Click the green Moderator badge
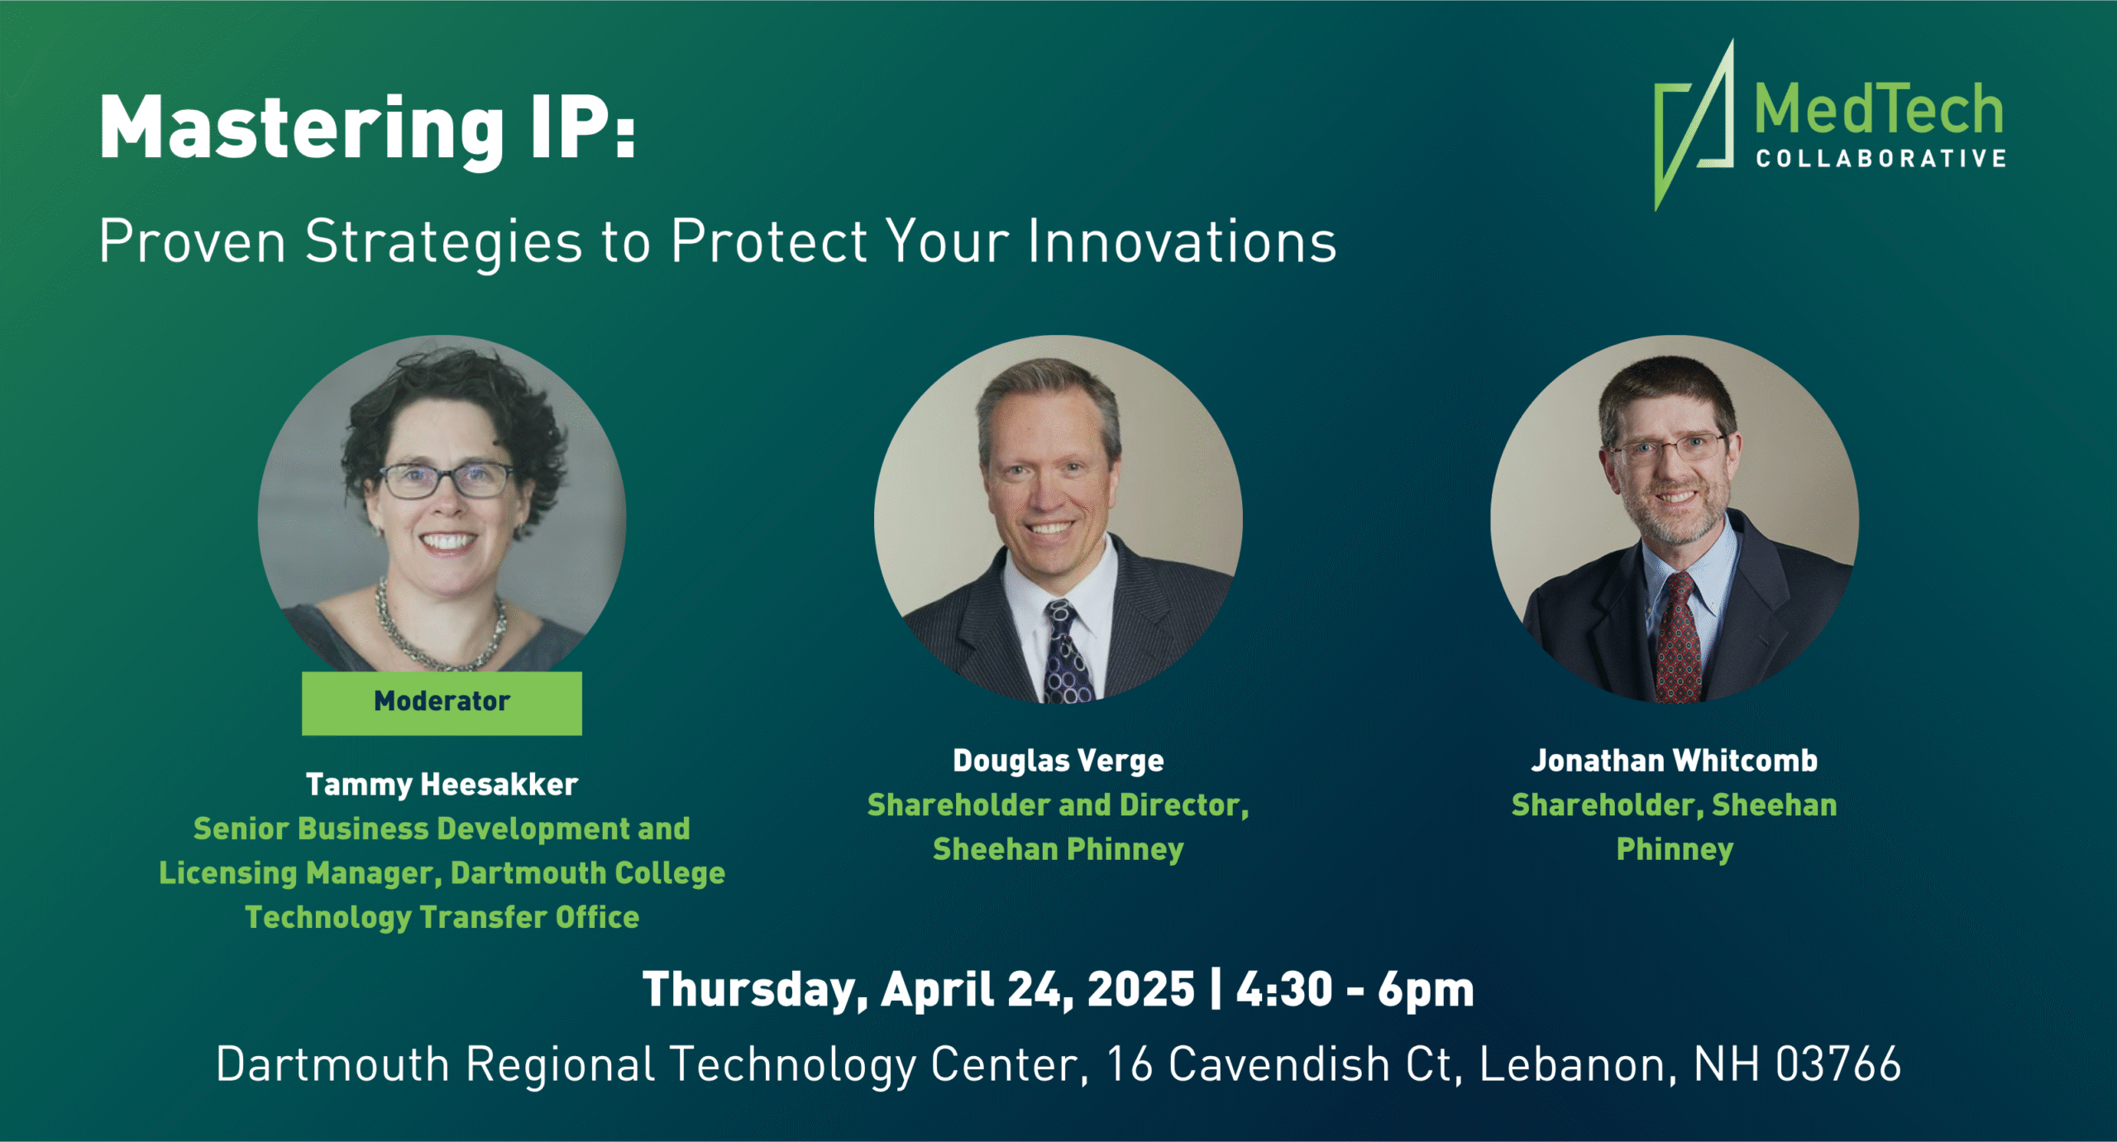click(x=442, y=703)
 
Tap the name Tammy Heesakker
click(x=442, y=785)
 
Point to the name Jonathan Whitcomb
click(x=1675, y=761)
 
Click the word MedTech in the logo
click(x=1879, y=109)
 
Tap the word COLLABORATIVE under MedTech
click(x=1880, y=159)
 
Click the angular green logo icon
click(x=1694, y=124)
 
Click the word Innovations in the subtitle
click(x=1183, y=241)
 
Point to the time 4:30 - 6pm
click(x=1355, y=990)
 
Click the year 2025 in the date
click(x=1141, y=990)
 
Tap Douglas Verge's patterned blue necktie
click(x=1066, y=653)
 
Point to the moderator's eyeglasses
click(x=447, y=480)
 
